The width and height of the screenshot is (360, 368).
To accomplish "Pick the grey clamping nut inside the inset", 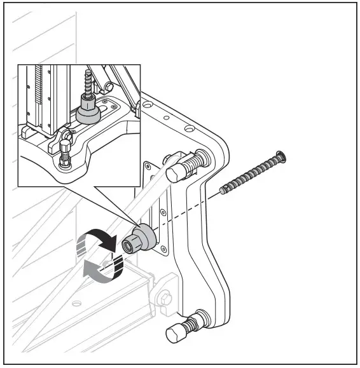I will click(88, 112).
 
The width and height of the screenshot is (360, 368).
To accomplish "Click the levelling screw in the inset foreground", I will click(66, 156).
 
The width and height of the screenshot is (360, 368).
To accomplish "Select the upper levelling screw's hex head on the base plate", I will click(176, 173).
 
